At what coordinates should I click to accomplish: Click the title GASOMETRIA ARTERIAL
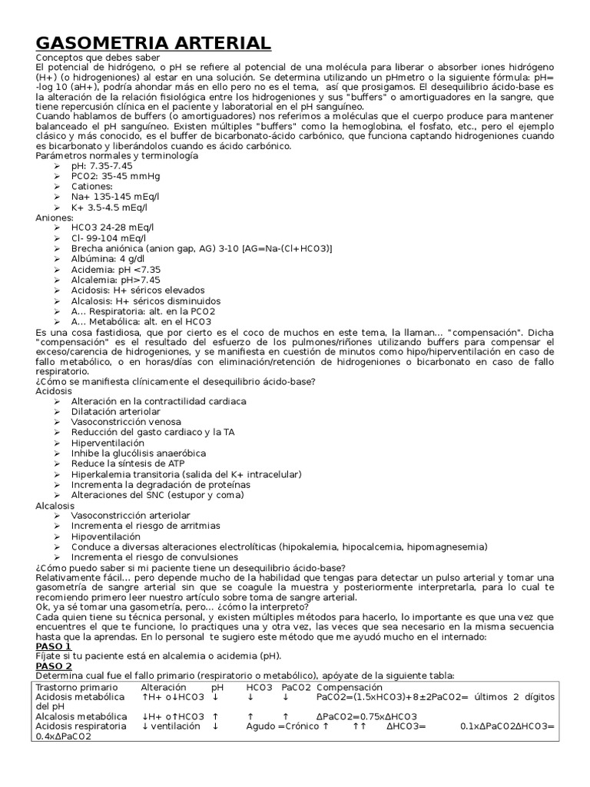(x=153, y=43)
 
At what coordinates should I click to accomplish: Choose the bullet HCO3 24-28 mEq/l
(x=112, y=227)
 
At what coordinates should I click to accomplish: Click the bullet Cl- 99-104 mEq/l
(x=108, y=238)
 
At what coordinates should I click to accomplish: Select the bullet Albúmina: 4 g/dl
(x=108, y=259)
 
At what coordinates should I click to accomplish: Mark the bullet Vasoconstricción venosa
(x=126, y=422)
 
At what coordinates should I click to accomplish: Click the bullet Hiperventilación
(x=108, y=443)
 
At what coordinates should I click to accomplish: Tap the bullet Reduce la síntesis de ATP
(x=128, y=464)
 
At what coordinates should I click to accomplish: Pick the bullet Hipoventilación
(x=106, y=536)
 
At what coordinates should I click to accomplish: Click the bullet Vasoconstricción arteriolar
(x=131, y=515)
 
